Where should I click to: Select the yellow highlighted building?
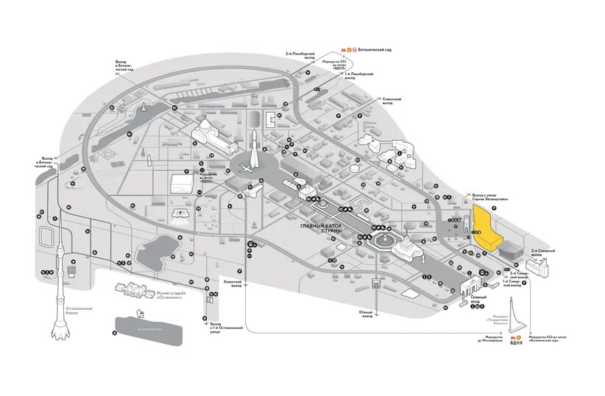click(485, 228)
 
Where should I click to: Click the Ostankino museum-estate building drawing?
click(135, 290)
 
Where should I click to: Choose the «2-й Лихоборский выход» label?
click(304, 54)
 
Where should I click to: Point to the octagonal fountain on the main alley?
click(383, 241)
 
